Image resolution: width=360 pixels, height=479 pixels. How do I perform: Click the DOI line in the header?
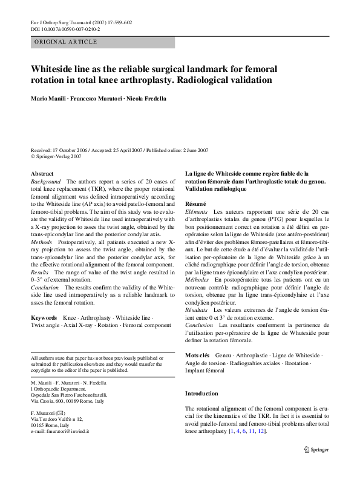(x=65, y=28)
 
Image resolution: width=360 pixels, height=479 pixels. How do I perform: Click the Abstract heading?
(x=42, y=174)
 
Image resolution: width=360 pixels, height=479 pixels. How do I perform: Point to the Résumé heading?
(x=195, y=203)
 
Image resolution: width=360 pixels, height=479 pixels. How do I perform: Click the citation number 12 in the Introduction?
(x=261, y=431)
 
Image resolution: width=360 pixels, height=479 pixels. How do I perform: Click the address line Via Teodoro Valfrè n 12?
(x=57, y=418)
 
